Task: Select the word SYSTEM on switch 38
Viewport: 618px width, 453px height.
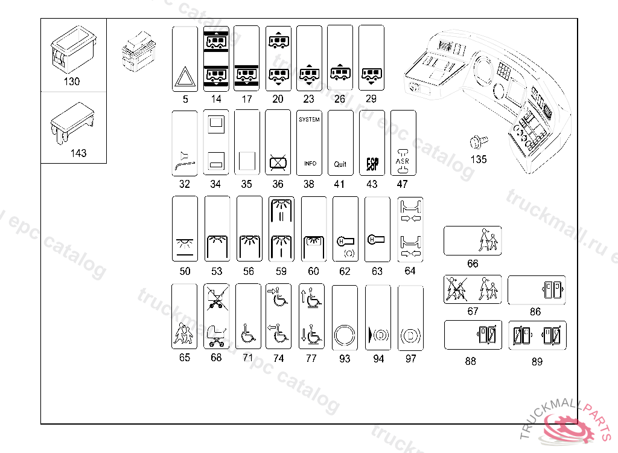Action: (x=309, y=120)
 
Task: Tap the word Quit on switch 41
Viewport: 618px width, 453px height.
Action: (x=340, y=164)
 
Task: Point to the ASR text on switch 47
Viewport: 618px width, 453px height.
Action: (x=403, y=161)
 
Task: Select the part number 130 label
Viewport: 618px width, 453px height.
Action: (x=71, y=82)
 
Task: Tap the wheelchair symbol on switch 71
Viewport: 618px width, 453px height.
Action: (x=247, y=333)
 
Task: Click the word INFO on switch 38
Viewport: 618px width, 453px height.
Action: (x=310, y=164)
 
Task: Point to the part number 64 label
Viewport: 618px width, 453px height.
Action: (x=410, y=271)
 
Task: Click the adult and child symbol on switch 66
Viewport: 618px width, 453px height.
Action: (x=489, y=240)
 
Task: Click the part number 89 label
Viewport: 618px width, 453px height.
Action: (x=537, y=362)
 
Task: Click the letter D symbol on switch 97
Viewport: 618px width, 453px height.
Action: (x=410, y=333)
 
